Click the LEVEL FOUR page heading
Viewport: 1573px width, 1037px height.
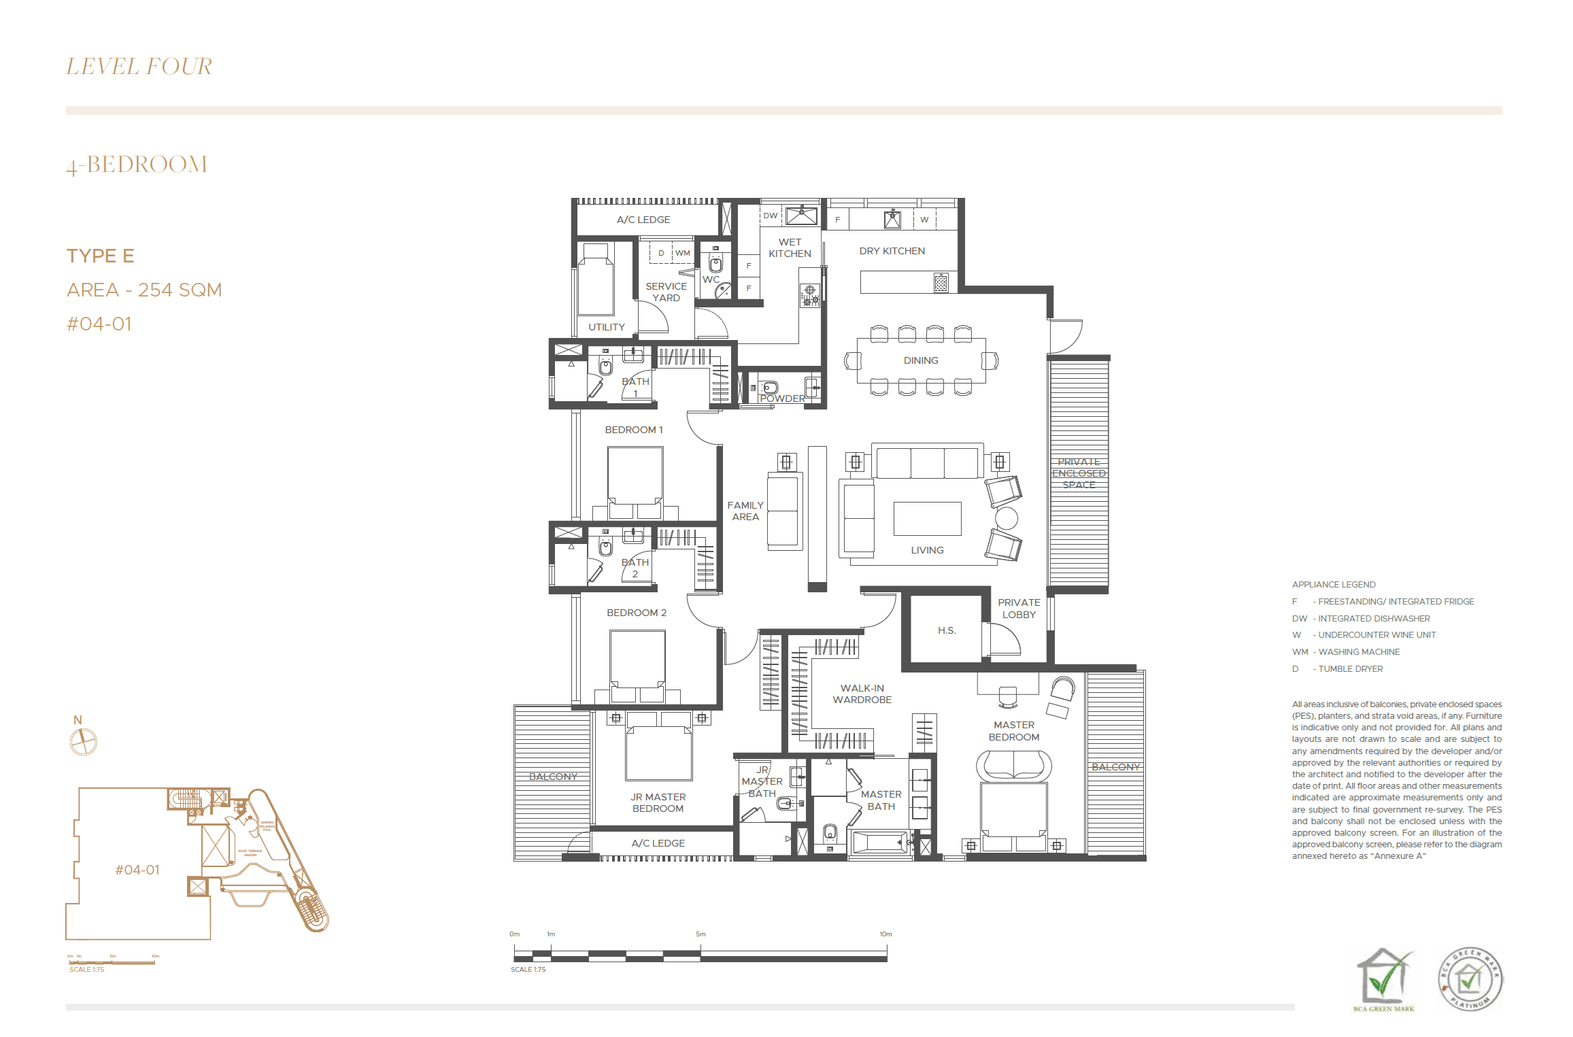point(139,67)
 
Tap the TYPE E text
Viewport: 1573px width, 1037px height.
point(100,256)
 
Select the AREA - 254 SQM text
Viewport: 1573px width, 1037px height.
point(144,290)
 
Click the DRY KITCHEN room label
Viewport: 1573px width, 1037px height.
point(892,251)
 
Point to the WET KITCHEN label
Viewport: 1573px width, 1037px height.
point(790,248)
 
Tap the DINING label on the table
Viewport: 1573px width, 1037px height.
point(921,360)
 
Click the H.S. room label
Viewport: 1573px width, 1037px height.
point(947,630)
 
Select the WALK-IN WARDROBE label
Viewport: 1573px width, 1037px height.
point(862,694)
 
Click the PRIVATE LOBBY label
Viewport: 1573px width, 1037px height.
point(1019,609)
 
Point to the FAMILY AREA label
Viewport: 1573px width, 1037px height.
point(745,511)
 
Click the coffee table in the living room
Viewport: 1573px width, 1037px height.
point(927,519)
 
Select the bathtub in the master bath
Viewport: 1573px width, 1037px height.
point(879,843)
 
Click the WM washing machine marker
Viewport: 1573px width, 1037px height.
point(682,253)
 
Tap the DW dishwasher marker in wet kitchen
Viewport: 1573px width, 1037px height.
point(770,216)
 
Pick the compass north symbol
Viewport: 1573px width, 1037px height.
point(84,741)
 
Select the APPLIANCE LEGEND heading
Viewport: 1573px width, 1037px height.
point(1334,584)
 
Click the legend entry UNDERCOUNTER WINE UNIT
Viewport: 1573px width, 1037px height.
point(1376,635)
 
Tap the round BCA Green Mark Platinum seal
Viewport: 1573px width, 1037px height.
point(1470,978)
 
